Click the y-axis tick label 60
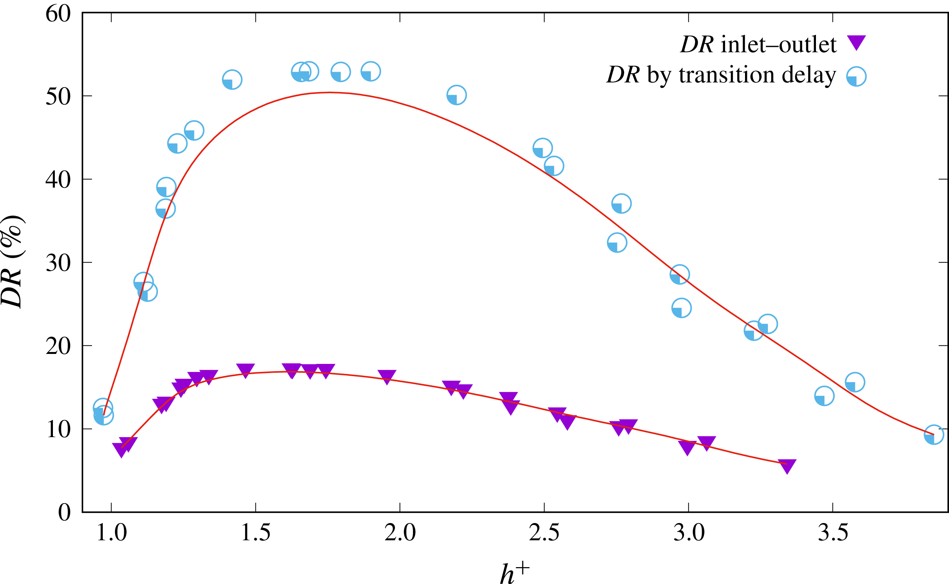(x=58, y=14)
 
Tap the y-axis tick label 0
(x=64, y=513)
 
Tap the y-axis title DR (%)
(x=12, y=262)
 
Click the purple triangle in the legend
(x=856, y=42)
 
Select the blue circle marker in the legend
(x=856, y=76)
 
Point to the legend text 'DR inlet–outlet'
(x=758, y=45)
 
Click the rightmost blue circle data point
(x=934, y=435)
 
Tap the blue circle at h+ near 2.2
(x=457, y=95)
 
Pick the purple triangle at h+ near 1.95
(x=387, y=377)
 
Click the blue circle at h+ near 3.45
(x=824, y=396)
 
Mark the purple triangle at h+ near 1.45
(x=245, y=370)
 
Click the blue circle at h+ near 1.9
(x=370, y=71)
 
